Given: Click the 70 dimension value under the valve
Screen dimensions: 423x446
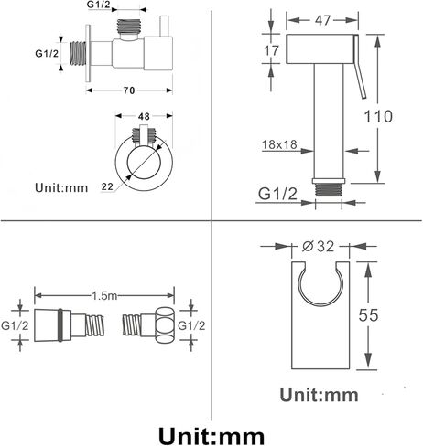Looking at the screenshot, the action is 129,90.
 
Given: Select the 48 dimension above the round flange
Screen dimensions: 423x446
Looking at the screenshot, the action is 144,116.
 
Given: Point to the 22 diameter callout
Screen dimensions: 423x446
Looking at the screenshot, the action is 107,186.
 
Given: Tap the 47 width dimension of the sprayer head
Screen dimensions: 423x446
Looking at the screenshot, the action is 322,20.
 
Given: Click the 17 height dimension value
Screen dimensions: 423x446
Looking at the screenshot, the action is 271,50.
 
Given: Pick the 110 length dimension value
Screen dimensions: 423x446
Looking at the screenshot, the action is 378,116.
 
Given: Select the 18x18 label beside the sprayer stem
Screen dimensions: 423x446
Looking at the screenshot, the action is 279,144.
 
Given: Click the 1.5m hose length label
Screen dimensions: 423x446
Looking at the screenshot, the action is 104,295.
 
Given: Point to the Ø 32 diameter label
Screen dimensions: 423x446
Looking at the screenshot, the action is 319,246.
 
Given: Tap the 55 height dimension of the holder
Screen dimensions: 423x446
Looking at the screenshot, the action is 368,315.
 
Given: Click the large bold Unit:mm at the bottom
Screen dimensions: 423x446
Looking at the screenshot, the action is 211,436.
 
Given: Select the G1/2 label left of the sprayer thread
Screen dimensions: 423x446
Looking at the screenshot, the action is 277,194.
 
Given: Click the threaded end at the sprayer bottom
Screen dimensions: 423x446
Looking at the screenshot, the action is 329,190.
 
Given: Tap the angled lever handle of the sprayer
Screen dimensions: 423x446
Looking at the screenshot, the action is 359,67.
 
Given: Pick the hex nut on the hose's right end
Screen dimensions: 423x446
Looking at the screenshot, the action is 165,325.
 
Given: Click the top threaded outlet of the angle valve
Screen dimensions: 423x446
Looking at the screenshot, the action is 129,27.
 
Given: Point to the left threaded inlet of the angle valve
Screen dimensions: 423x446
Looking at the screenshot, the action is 78,53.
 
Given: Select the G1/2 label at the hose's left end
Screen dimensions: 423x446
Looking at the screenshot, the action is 15,325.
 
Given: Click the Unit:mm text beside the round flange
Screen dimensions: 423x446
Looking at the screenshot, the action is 61,187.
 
